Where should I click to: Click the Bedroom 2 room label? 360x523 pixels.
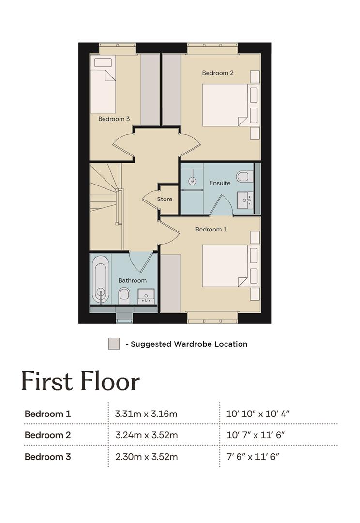tap(218, 73)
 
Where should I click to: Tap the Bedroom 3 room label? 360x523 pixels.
tap(114, 119)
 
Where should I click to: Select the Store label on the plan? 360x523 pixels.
tap(165, 199)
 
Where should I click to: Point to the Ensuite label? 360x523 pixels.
tap(220, 183)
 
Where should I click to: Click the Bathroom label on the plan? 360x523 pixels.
tap(132, 280)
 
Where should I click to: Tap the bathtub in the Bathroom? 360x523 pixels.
tap(101, 279)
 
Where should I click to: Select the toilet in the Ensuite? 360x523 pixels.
tap(243, 176)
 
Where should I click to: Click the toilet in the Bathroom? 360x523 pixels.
tap(124, 296)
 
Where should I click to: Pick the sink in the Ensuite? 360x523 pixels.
tap(245, 200)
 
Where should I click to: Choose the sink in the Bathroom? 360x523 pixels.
tap(146, 296)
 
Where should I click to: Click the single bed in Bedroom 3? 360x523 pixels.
tap(103, 84)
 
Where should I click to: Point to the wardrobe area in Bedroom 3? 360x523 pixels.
tap(150, 90)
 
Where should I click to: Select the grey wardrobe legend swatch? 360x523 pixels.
tap(114, 343)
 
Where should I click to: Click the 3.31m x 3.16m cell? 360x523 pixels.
tap(146, 414)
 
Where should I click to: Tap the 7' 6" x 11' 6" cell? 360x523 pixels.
tap(253, 457)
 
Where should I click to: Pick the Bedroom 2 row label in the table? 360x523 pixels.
tap(48, 435)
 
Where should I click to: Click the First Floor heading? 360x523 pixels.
tap(80, 381)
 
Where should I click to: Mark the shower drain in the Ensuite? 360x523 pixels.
tap(192, 181)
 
